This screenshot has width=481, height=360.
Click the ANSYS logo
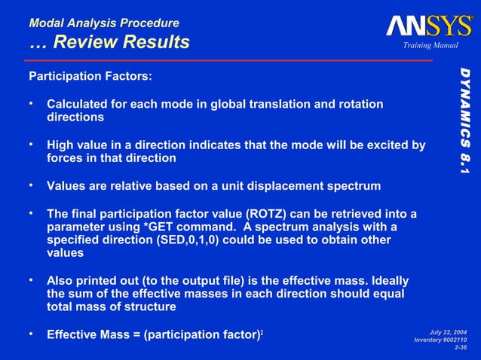click(429, 26)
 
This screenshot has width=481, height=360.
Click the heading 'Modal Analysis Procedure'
click(104, 23)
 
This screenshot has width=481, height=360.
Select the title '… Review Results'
click(109, 43)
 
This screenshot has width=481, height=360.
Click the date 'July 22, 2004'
click(448, 331)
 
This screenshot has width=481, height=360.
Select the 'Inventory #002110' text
click(441, 340)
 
